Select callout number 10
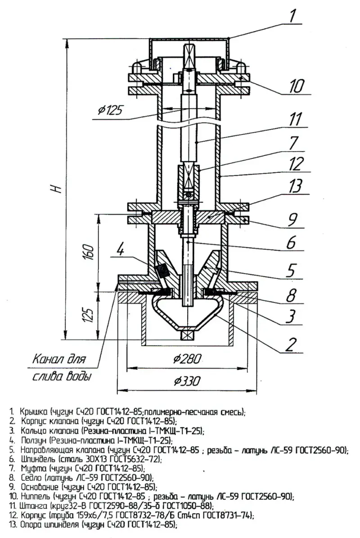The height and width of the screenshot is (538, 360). (x=297, y=85)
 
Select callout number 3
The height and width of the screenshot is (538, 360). (x=292, y=316)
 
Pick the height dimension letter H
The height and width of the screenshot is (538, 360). (x=57, y=189)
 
